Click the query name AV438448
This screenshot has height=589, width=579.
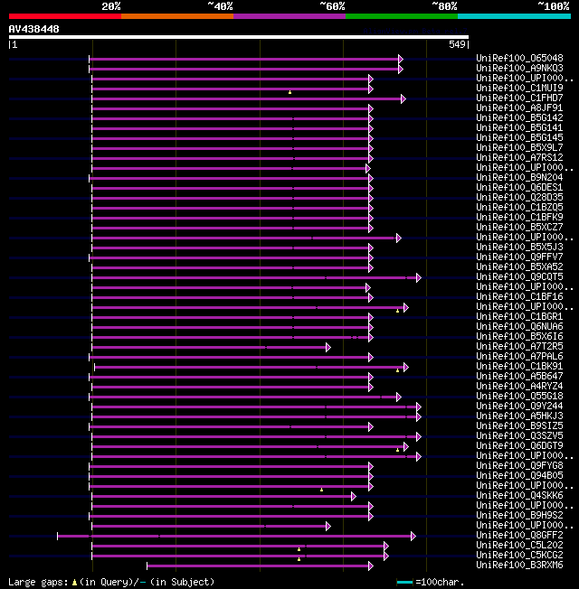click(33, 29)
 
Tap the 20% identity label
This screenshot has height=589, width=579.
click(111, 5)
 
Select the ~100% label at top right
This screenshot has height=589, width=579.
click(552, 5)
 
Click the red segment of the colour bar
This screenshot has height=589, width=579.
click(64, 15)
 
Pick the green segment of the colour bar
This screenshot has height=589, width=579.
click(401, 15)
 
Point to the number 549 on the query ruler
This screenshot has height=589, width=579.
click(457, 44)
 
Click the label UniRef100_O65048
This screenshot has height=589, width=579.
click(519, 59)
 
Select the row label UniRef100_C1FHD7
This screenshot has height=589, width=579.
click(519, 98)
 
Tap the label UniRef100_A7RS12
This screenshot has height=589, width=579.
click(519, 158)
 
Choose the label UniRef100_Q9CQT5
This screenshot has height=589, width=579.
click(519, 277)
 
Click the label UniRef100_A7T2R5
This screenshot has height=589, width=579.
click(519, 347)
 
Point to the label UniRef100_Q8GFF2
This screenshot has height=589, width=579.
click(519, 536)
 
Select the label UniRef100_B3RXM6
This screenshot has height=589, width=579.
click(519, 566)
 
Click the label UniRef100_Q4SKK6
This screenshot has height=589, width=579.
click(519, 496)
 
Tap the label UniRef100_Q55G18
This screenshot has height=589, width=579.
click(519, 397)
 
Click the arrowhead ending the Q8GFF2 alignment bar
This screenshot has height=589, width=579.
click(413, 536)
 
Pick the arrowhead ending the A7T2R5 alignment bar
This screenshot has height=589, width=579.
click(328, 347)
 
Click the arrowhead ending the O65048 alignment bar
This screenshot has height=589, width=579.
click(401, 59)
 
